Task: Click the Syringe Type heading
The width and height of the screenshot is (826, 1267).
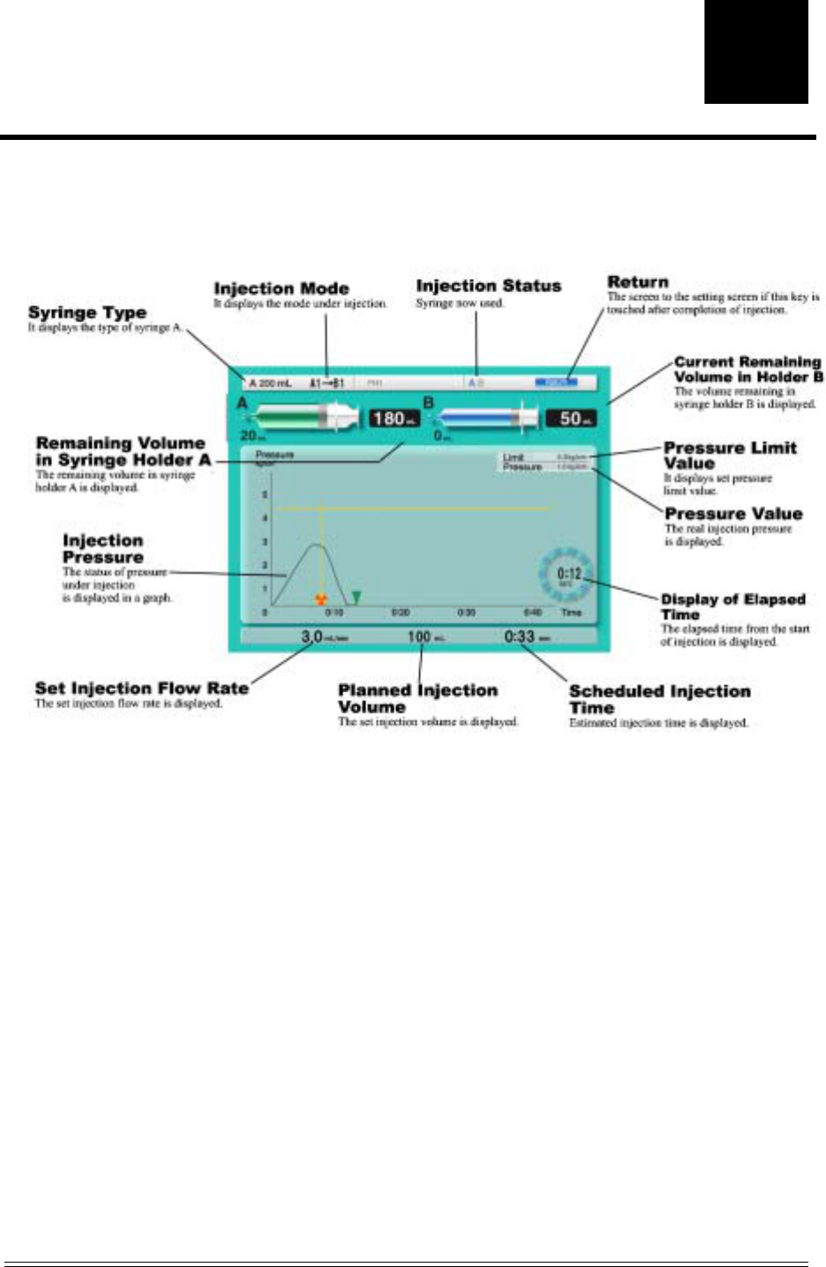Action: (87, 313)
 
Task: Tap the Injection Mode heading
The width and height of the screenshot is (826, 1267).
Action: (281, 289)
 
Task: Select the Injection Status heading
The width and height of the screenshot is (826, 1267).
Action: (488, 286)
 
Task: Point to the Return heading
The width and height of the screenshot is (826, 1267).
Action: (638, 282)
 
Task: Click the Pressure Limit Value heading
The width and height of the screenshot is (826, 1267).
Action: (729, 455)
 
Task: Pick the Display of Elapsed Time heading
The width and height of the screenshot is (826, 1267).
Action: (733, 606)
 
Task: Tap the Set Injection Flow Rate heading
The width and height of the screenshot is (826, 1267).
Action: (141, 688)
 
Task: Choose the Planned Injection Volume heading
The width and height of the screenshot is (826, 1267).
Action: (417, 699)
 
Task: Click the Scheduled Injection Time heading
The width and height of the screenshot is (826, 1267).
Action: (659, 699)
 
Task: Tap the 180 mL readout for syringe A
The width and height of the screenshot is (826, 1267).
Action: (393, 419)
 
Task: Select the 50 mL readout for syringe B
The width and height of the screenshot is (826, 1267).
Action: (571, 419)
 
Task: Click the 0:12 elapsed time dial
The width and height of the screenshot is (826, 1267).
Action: (566, 576)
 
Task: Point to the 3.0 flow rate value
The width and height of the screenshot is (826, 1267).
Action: (313, 636)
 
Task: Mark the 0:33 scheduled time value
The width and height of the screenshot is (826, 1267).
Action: (520, 636)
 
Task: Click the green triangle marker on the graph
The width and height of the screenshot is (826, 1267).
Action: (356, 598)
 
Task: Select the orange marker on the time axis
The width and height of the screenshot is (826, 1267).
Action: (321, 600)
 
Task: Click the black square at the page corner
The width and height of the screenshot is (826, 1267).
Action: (756, 51)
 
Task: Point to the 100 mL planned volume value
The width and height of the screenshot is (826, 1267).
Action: (420, 636)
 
